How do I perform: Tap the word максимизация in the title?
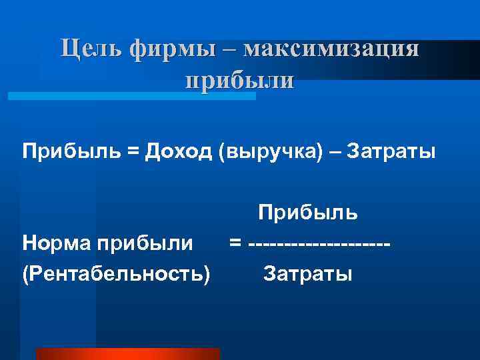[x=332, y=49]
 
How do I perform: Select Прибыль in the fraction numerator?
[x=308, y=213]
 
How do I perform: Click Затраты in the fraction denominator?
[x=307, y=273]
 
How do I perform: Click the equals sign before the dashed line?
[x=235, y=244]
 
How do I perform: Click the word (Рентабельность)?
[x=115, y=274]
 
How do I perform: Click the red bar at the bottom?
[x=127, y=353]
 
